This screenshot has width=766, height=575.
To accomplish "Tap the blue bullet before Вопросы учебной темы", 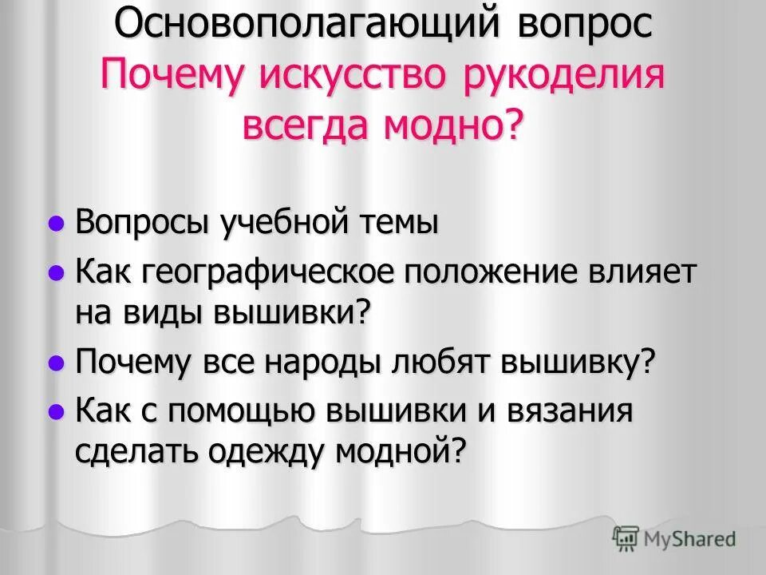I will (56, 224).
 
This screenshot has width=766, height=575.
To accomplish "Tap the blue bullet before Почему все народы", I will (56, 364).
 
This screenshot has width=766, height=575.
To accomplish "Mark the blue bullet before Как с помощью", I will (56, 413).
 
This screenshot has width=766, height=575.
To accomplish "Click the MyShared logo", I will (674, 539).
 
